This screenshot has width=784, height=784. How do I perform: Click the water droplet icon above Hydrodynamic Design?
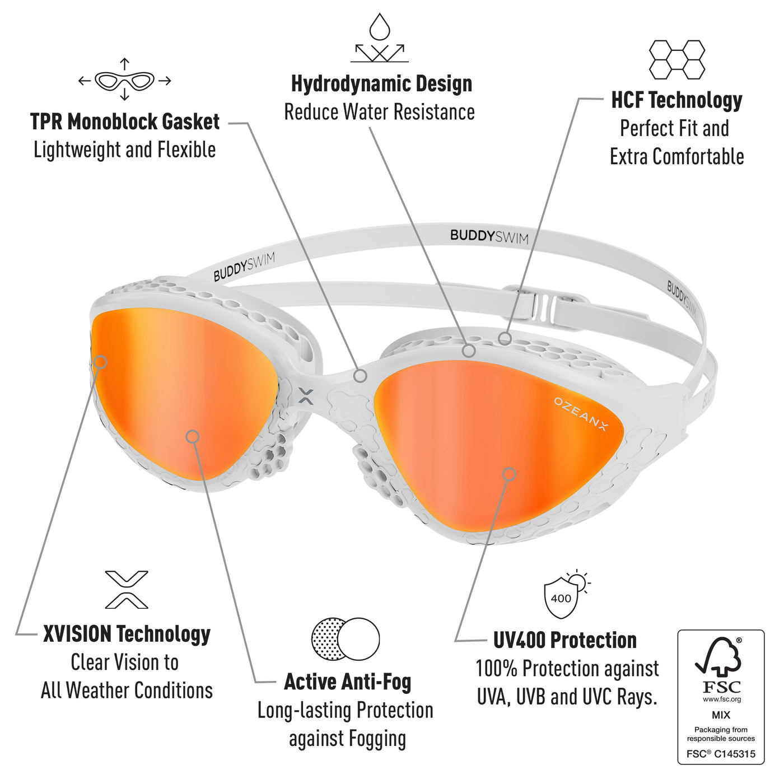click(379, 27)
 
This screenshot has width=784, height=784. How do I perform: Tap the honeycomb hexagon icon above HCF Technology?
click(676, 59)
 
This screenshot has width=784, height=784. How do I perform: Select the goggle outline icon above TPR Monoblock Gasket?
click(124, 81)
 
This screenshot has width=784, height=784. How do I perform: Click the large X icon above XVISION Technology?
click(127, 589)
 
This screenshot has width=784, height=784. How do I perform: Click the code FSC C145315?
click(721, 754)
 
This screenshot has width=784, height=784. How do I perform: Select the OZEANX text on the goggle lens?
click(581, 413)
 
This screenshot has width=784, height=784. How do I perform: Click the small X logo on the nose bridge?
click(306, 396)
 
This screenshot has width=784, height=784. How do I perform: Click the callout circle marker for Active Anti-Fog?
click(193, 437)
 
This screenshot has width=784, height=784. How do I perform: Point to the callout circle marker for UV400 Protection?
click(509, 474)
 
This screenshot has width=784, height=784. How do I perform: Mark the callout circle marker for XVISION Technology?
click(100, 362)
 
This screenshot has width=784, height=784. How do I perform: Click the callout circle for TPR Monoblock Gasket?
click(360, 376)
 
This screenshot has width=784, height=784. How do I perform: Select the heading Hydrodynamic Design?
click(381, 85)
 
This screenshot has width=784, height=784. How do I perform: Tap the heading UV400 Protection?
click(564, 640)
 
